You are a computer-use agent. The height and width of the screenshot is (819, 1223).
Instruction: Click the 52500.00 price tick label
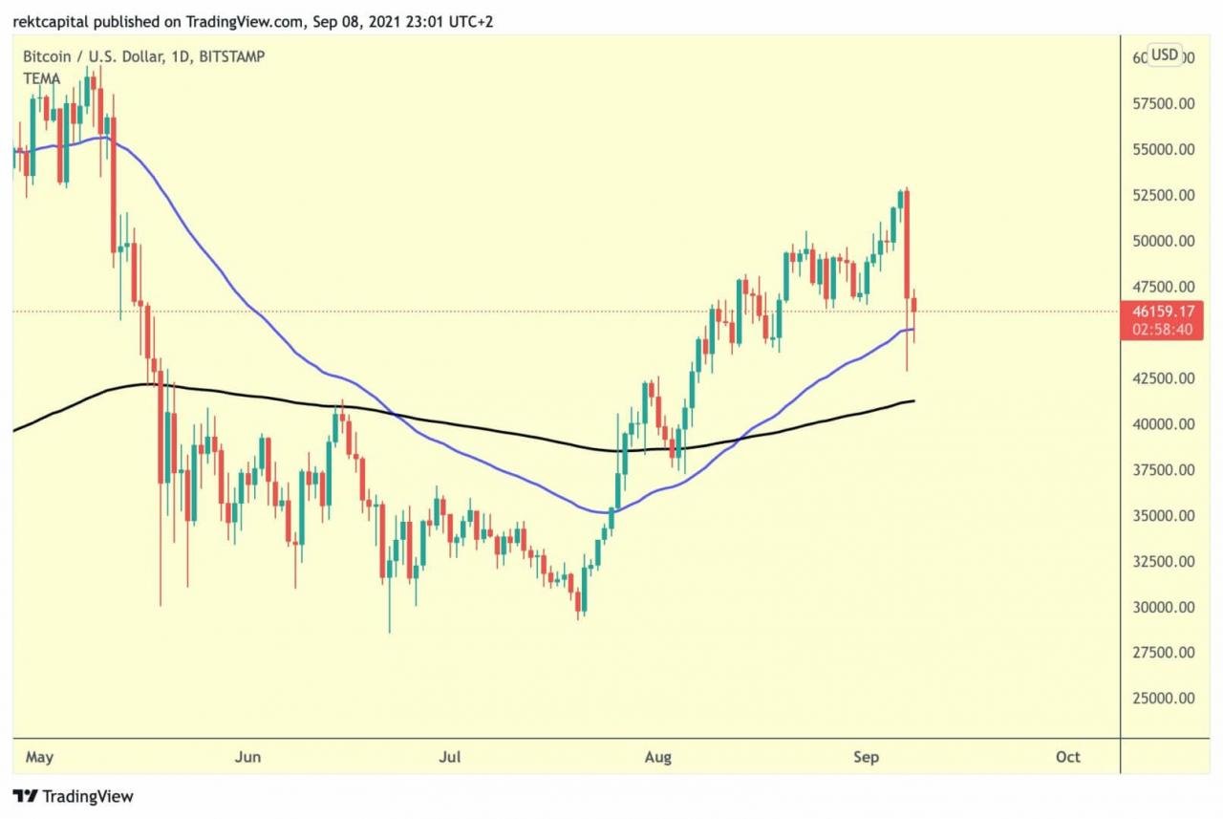1163,196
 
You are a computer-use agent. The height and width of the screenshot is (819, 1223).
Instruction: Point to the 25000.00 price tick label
1163,699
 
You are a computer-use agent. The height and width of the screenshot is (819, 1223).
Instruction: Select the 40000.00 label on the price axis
1163,424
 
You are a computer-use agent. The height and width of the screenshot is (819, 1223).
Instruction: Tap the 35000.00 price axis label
1163,516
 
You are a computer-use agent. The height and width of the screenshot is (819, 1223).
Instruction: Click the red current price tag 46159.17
1163,312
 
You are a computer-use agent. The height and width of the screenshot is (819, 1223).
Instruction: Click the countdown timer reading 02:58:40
1163,330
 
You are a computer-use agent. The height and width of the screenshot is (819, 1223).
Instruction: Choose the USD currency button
1164,54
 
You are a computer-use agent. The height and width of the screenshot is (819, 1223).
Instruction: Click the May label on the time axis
39,757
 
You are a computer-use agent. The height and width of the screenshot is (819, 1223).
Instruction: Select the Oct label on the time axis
1067,757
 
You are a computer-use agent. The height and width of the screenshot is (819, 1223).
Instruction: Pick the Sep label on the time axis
865,757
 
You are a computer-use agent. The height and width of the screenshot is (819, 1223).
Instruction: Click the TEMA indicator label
41,78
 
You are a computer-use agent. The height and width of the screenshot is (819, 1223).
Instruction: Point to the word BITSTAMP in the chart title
229,56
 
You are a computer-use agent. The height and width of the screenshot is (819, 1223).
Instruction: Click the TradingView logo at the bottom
73,796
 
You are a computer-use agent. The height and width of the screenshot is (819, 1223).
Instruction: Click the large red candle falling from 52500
906,244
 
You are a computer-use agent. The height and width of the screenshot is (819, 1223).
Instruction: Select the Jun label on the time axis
247,757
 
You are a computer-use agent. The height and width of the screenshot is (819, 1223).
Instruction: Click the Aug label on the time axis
657,757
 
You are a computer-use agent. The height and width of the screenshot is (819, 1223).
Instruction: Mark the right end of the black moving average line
914,400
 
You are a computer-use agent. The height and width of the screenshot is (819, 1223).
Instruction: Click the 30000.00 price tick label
1163,607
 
